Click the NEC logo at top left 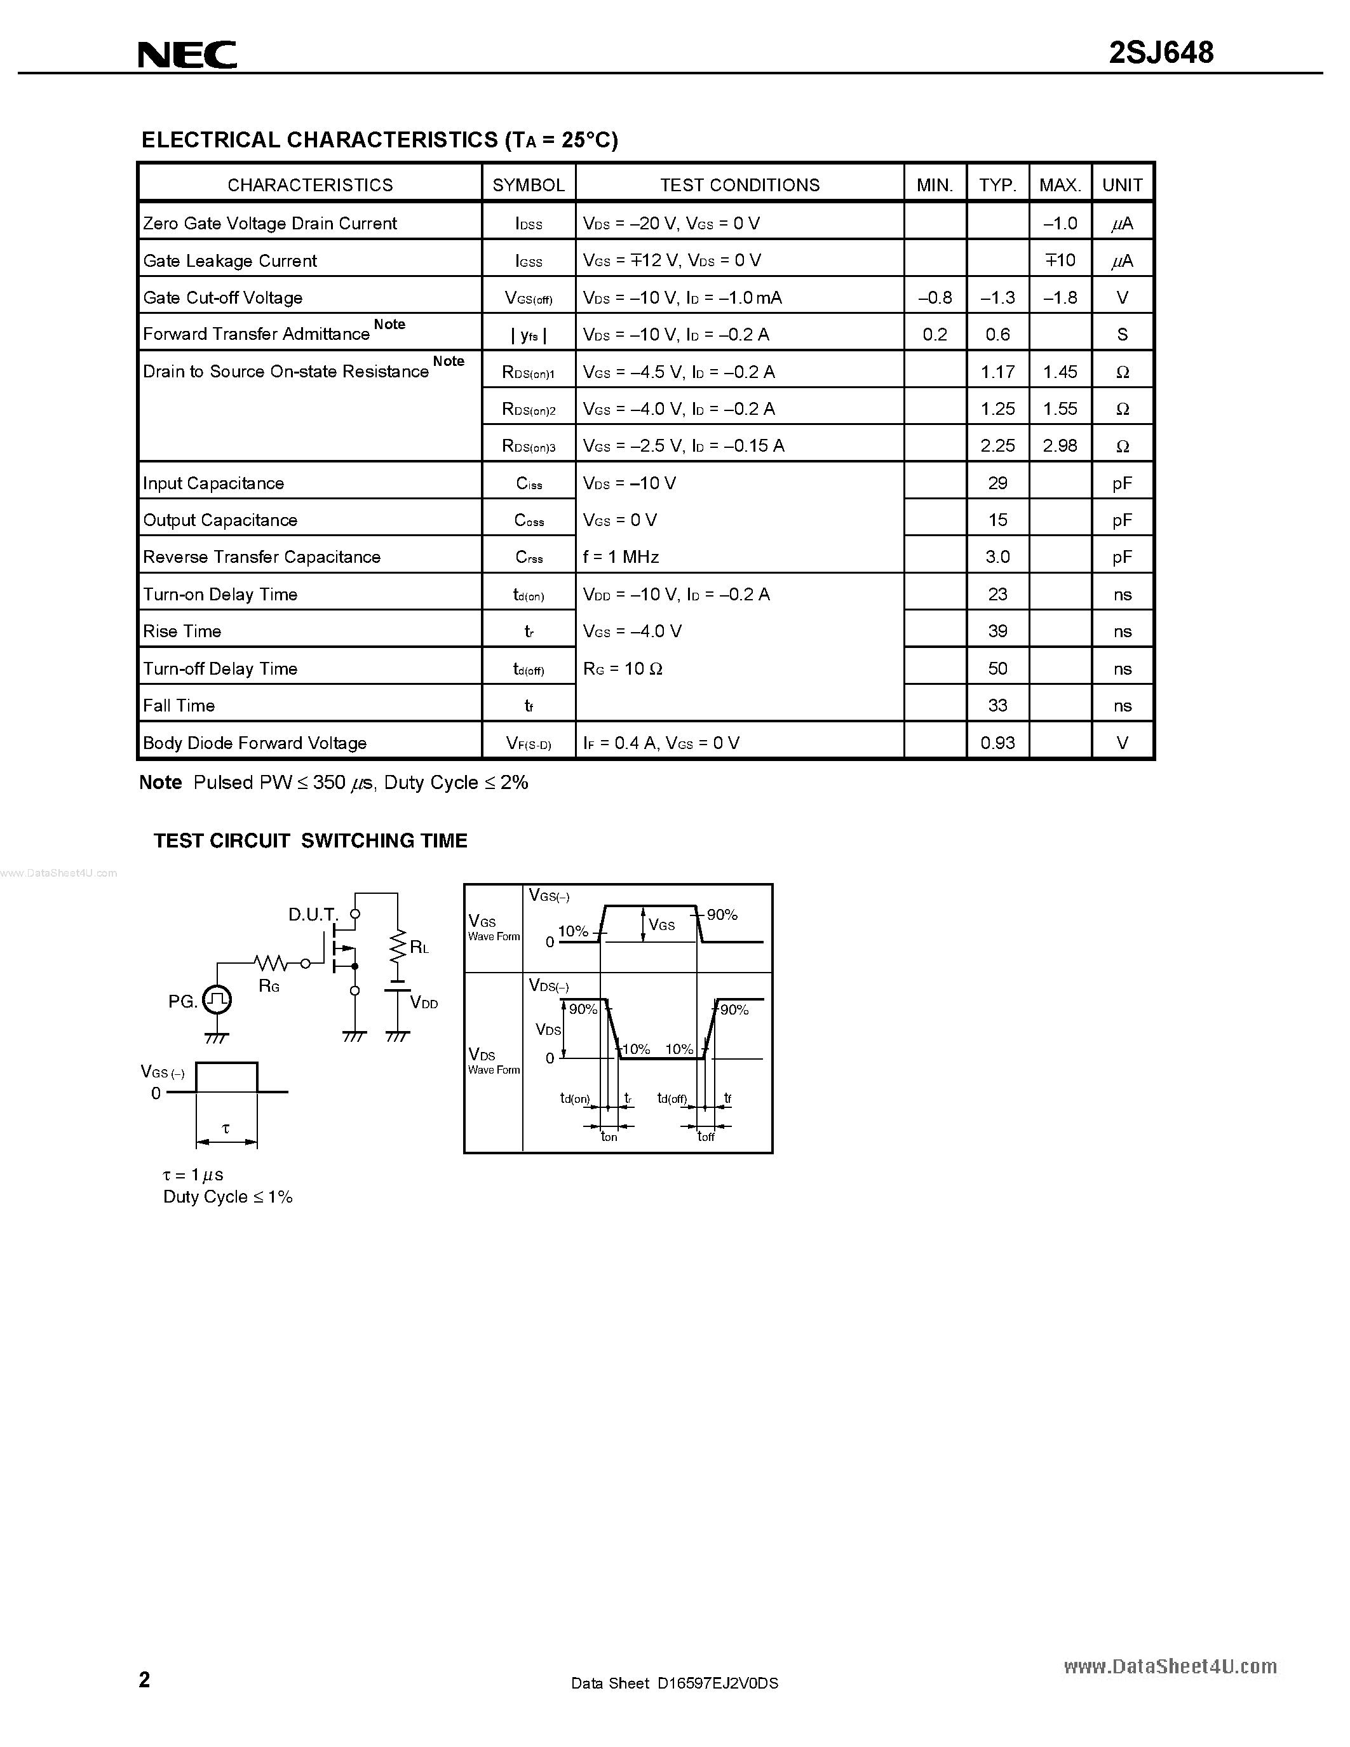click(x=187, y=55)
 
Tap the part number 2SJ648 click(x=1161, y=53)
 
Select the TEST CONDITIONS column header click(x=739, y=185)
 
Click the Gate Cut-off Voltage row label click(x=222, y=297)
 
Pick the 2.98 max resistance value click(x=1060, y=445)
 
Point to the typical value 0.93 click(x=997, y=742)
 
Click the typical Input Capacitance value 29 click(x=997, y=483)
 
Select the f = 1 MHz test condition click(x=621, y=556)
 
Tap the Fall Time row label click(x=179, y=706)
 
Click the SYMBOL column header click(x=528, y=185)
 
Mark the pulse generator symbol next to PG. click(x=217, y=999)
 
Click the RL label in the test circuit click(x=419, y=948)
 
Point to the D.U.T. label click(x=313, y=914)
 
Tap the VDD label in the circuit click(x=424, y=1003)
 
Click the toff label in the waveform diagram click(x=705, y=1137)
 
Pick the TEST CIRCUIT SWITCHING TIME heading click(x=310, y=840)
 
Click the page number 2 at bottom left click(x=144, y=1678)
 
